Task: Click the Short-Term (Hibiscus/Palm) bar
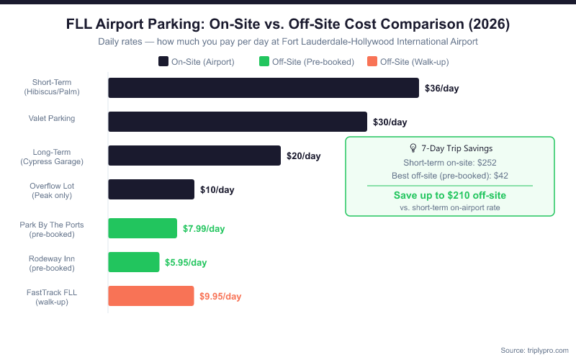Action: click(x=264, y=88)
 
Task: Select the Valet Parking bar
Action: click(x=238, y=122)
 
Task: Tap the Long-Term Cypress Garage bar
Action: click(x=194, y=156)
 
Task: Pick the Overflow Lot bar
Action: click(x=151, y=189)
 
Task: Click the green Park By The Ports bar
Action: click(x=143, y=228)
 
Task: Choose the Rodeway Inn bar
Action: click(x=134, y=262)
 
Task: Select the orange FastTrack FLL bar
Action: click(x=151, y=296)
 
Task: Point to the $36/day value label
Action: click(x=441, y=89)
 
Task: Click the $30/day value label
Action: click(x=390, y=122)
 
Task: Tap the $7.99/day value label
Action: click(x=204, y=229)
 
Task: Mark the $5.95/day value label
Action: click(x=186, y=263)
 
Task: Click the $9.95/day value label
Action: click(x=220, y=296)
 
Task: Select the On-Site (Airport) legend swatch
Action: click(x=163, y=61)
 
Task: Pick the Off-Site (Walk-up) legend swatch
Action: click(x=372, y=61)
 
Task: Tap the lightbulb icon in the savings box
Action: click(x=413, y=148)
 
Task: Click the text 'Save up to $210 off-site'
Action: click(x=450, y=195)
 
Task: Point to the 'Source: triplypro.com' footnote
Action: click(x=534, y=349)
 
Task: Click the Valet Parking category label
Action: click(x=52, y=118)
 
